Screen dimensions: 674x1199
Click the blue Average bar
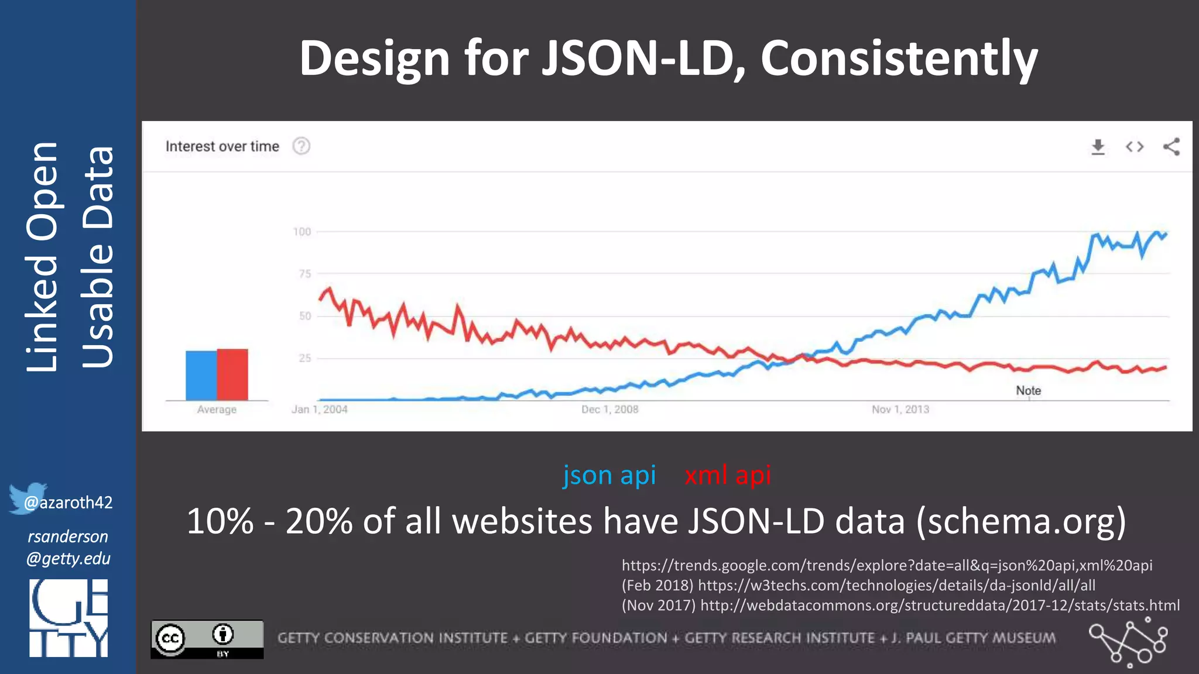[x=201, y=375]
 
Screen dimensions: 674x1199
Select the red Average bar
[x=232, y=374]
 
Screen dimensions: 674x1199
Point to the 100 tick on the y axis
[x=302, y=232]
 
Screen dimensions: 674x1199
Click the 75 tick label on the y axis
[x=304, y=274]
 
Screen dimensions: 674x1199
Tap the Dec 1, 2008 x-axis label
[x=609, y=410]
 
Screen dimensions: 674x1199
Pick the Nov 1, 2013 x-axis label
[x=900, y=410]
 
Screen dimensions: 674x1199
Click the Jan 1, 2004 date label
[x=319, y=410]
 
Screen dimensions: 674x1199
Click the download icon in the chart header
[x=1098, y=147]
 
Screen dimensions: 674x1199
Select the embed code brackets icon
[x=1134, y=147]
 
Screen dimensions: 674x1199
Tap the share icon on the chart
[x=1171, y=147]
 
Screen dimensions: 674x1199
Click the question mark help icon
[x=301, y=146]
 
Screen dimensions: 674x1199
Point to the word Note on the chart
[x=1028, y=391]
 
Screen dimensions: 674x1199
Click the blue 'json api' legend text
[x=609, y=475]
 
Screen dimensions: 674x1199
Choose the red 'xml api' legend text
[x=728, y=475]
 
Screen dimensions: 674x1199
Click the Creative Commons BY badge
[x=207, y=639]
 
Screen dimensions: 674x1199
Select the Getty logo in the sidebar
[x=68, y=618]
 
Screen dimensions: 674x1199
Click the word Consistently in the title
[x=899, y=59]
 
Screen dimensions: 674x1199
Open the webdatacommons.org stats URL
[x=940, y=606]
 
